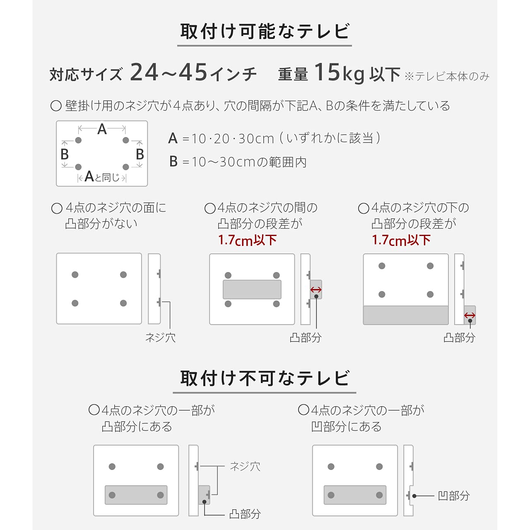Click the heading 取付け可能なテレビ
(265, 31)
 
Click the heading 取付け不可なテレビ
(265, 378)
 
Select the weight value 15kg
(340, 73)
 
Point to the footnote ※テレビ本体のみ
(447, 77)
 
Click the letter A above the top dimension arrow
(102, 129)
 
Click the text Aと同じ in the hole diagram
(102, 177)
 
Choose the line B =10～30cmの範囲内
(238, 161)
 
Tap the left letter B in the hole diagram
(65, 154)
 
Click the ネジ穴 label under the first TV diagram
(160, 338)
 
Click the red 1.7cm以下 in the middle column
(247, 240)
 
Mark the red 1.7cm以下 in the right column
(401, 240)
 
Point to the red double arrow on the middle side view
(316, 290)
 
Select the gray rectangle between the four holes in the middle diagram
(252, 289)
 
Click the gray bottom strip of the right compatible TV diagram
(406, 315)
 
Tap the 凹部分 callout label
(454, 496)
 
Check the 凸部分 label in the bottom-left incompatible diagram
(245, 514)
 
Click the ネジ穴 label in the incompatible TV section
(245, 467)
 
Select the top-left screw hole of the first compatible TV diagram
(75, 275)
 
